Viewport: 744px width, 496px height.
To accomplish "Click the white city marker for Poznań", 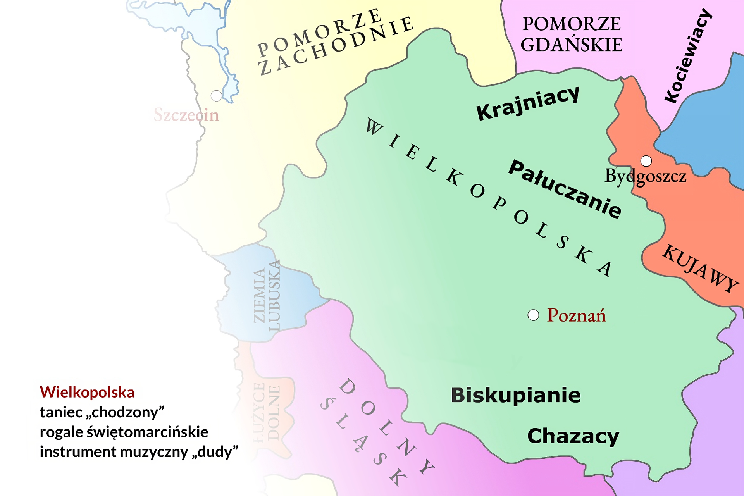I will tap(533, 315).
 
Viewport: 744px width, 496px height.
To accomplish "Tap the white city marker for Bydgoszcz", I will tap(646, 160).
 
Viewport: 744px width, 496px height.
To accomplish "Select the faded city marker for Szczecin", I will tap(216, 95).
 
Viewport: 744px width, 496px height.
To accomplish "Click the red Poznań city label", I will tap(576, 315).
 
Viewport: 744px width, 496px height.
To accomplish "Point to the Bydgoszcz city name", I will tap(646, 176).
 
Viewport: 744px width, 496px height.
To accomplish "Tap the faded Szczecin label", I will tap(186, 115).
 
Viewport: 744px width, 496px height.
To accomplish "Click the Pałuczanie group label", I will tap(565, 189).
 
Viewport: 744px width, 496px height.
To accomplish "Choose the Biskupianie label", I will tap(516, 395).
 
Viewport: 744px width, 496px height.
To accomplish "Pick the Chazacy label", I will tap(573, 437).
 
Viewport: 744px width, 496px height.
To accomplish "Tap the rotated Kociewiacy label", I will tap(688, 56).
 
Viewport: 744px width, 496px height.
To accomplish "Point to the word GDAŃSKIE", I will tap(571, 45).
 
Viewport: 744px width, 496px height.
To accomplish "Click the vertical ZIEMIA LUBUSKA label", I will tap(267, 296).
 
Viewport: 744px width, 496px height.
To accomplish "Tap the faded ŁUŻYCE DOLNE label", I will tap(267, 413).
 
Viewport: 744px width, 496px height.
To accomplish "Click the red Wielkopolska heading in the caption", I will tap(87, 392).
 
